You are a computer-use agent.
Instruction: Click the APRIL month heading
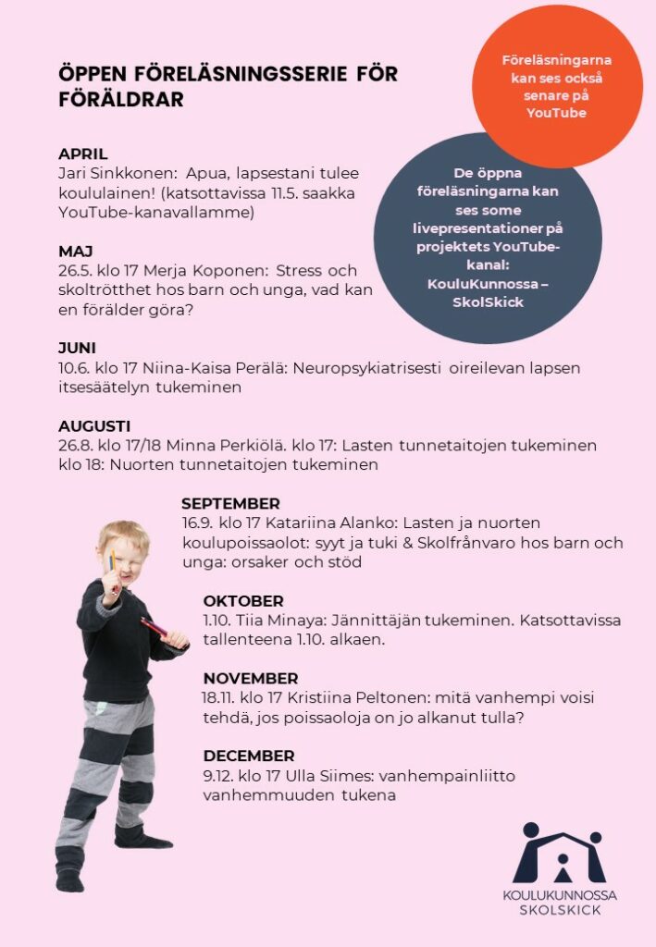click(83, 154)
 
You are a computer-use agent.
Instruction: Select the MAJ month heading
click(76, 252)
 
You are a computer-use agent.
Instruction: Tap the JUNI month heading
click(78, 349)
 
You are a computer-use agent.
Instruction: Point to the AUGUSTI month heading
click(94, 426)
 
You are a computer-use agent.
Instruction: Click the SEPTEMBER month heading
click(230, 504)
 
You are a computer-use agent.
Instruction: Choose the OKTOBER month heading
click(243, 601)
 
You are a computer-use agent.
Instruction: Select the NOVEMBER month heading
click(251, 679)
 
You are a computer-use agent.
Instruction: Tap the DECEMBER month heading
click(249, 756)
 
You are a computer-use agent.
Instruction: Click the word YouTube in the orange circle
click(556, 113)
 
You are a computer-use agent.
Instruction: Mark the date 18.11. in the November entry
click(222, 698)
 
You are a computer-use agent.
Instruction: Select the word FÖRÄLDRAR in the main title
click(121, 100)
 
